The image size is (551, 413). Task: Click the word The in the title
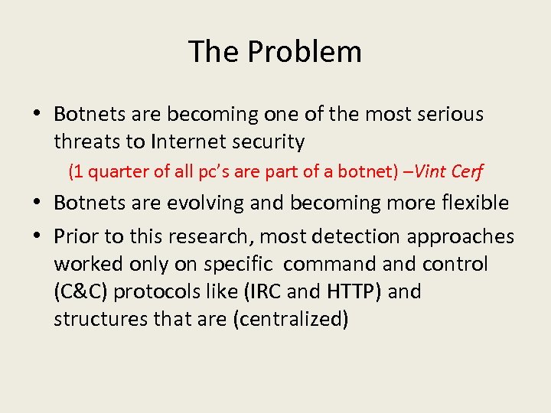(214, 52)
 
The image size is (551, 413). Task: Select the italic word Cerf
(468, 171)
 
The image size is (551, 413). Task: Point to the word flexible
(474, 203)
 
